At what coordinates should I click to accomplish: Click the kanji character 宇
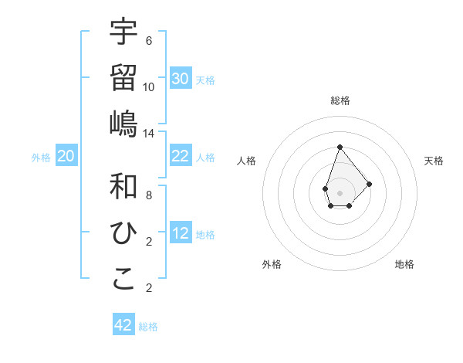point(123,32)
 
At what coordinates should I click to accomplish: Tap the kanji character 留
point(123,77)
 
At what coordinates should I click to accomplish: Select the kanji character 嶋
point(123,123)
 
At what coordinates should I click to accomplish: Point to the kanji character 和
point(123,186)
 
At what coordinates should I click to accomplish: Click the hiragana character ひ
point(123,232)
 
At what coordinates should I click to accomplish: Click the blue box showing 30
point(181,79)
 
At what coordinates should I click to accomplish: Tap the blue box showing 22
point(181,156)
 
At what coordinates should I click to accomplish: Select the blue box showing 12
point(181,233)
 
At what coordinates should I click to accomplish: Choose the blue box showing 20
point(66,156)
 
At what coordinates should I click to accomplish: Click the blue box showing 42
point(123,325)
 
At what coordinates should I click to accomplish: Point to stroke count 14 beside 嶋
point(149,133)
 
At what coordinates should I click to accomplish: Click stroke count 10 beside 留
point(149,87)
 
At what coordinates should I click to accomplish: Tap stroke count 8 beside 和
point(149,195)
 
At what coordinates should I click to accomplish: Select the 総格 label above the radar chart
point(340,100)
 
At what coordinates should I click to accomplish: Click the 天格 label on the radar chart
point(434,161)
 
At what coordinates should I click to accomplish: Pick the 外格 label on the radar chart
point(272,264)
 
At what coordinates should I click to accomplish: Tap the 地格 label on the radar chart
point(404,264)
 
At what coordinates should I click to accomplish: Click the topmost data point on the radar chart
point(340,147)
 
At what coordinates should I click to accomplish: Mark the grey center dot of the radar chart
point(340,192)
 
